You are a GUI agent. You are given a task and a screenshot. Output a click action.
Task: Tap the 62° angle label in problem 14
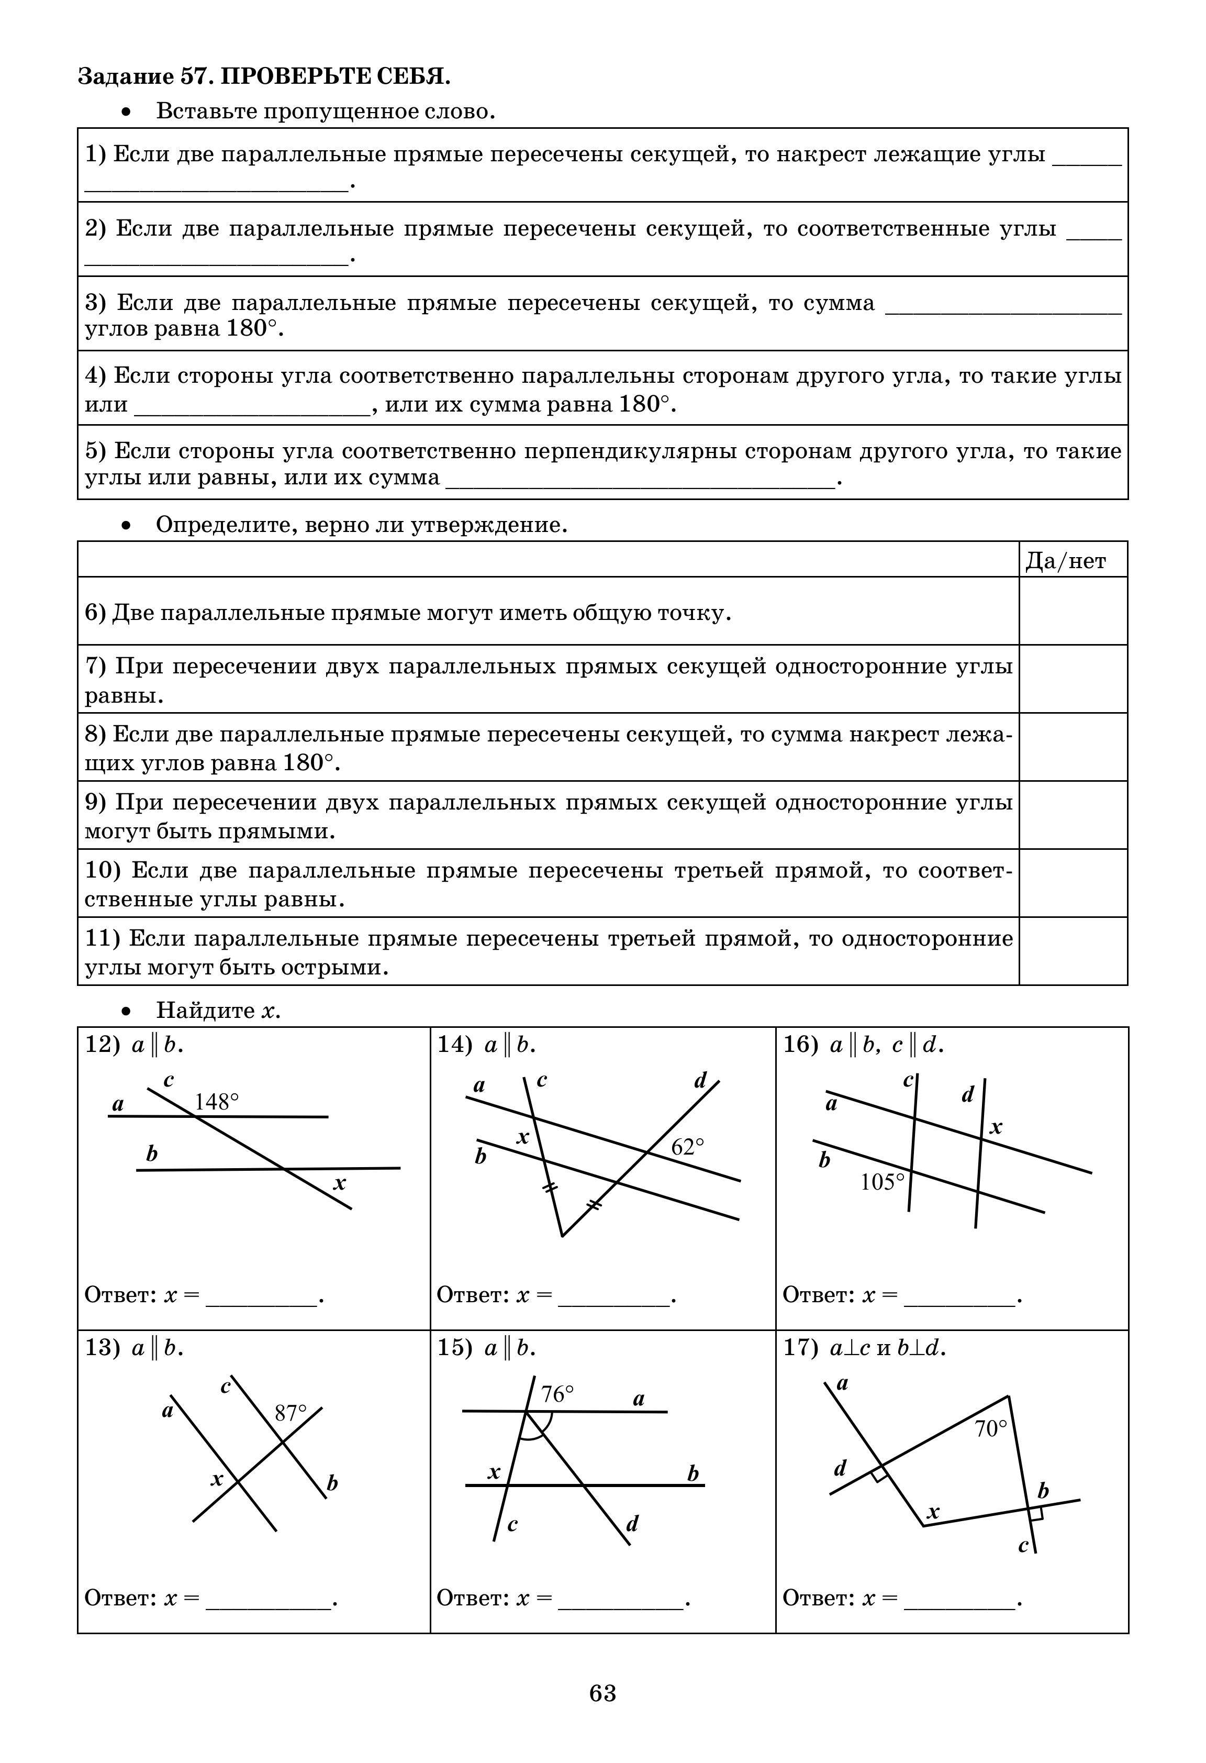coord(687,1147)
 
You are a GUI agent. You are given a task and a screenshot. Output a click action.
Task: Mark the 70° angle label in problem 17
coord(990,1429)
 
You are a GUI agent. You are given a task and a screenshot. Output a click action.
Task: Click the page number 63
coord(602,1693)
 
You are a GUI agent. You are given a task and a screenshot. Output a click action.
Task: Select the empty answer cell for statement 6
coord(1073,612)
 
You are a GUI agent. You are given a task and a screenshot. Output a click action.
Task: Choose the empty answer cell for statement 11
coord(1073,951)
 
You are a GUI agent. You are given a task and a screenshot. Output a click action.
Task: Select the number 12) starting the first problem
coord(102,1045)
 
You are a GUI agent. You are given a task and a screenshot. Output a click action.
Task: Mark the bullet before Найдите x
coord(127,1011)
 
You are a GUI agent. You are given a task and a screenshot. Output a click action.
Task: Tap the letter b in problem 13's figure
coord(331,1483)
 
